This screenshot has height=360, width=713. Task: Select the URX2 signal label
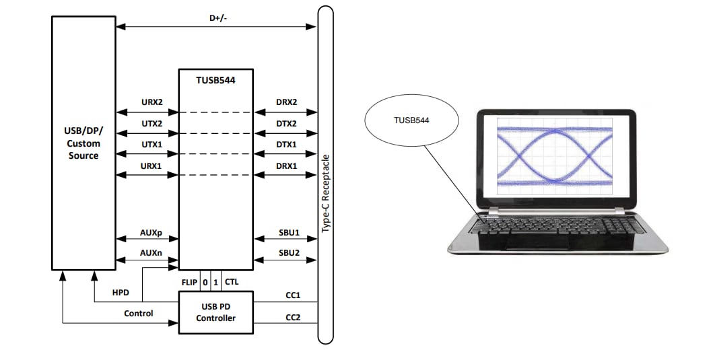tap(151, 102)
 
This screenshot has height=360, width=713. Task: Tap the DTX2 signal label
tap(286, 124)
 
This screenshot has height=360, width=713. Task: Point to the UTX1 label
tap(151, 145)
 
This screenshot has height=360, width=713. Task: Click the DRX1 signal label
tap(286, 166)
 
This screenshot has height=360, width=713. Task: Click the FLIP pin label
tap(189, 282)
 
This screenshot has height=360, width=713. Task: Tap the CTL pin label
tap(232, 282)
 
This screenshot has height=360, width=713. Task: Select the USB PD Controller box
tap(215, 312)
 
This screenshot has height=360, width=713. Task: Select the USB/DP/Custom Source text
tap(83, 143)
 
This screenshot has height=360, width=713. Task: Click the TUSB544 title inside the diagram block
tap(215, 79)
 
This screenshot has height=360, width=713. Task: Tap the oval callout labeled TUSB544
tap(411, 121)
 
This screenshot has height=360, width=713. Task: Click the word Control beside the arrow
tap(138, 314)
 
